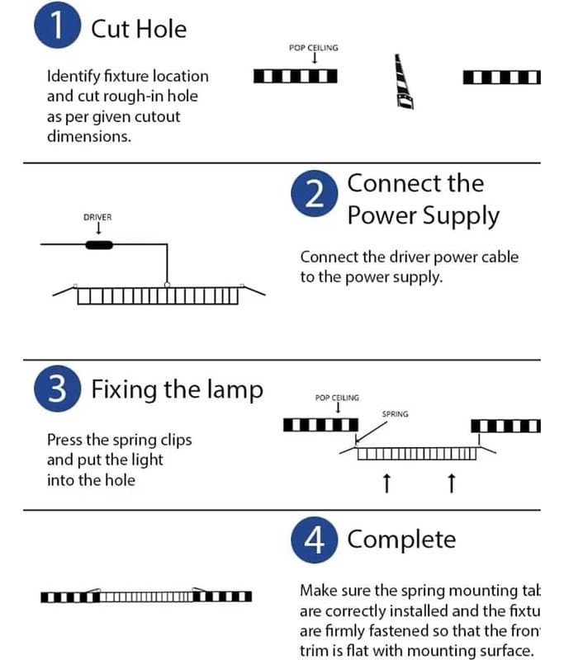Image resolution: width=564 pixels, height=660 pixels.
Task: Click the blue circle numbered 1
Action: [x=57, y=28]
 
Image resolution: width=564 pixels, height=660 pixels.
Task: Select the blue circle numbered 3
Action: [x=57, y=389]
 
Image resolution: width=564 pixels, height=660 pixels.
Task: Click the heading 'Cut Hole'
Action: [x=139, y=29]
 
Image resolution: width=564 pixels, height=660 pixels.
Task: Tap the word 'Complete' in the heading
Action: [x=401, y=540]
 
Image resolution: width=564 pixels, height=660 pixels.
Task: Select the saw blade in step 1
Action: [x=404, y=82]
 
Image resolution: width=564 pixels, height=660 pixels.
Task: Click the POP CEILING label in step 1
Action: [x=314, y=48]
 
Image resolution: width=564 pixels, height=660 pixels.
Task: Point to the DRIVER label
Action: [x=97, y=217]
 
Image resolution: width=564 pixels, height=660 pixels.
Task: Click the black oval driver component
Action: [x=100, y=244]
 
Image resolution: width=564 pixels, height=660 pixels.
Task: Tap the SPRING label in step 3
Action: [x=395, y=413]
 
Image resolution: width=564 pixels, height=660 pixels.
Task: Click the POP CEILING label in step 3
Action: [x=337, y=398]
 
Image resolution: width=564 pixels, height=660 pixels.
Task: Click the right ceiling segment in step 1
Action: [x=502, y=78]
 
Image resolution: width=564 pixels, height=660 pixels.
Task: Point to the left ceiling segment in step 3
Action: [x=316, y=426]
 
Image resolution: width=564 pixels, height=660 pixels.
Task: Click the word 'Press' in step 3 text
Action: [x=65, y=440]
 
